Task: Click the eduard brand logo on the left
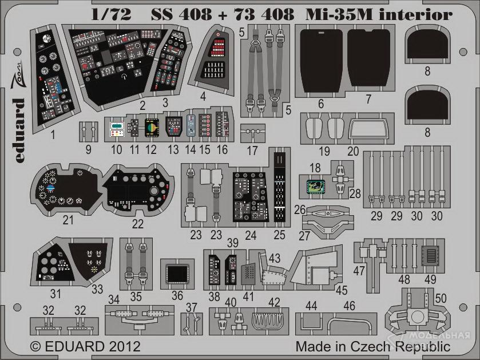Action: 19,123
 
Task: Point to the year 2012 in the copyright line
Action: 121,347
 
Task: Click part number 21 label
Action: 69,219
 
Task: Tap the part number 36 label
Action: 177,296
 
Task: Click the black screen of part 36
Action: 177,272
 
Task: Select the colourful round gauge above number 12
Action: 152,127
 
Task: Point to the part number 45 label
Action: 342,290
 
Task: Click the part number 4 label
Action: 203,97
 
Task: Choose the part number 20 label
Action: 353,151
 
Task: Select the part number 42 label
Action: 275,302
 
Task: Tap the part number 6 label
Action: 320,104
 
